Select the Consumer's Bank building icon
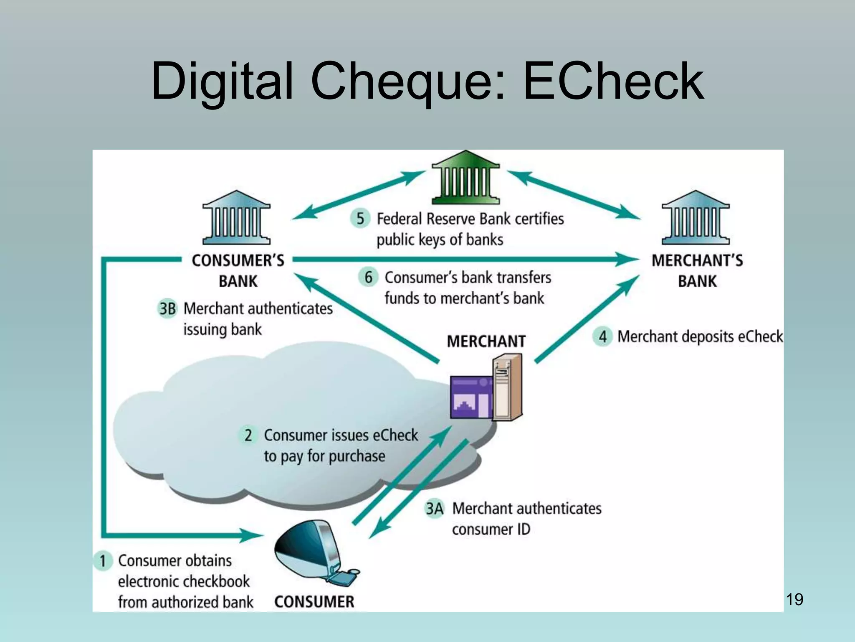pyautogui.click(x=236, y=218)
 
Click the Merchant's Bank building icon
pyautogui.click(x=696, y=218)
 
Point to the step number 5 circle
pyautogui.click(x=360, y=218)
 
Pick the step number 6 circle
pyautogui.click(x=368, y=277)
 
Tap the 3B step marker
pyautogui.click(x=167, y=309)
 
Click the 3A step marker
pyautogui.click(x=434, y=509)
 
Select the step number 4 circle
pyautogui.click(x=602, y=336)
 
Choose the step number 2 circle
pyautogui.click(x=248, y=435)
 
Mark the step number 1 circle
pyautogui.click(x=103, y=560)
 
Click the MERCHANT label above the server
pyautogui.click(x=486, y=341)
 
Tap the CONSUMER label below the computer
pyautogui.click(x=314, y=602)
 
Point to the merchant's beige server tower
pyautogui.click(x=507, y=387)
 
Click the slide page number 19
pyautogui.click(x=794, y=599)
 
